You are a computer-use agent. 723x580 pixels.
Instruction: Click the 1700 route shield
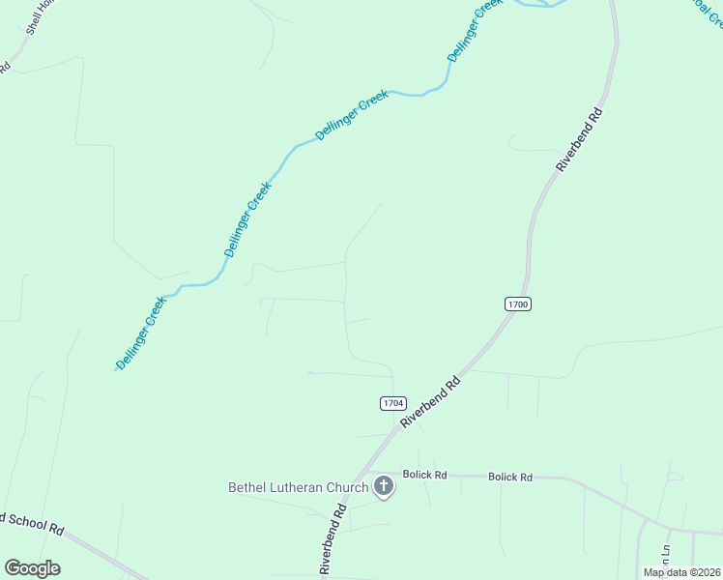point(518,304)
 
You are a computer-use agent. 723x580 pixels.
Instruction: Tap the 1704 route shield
point(392,403)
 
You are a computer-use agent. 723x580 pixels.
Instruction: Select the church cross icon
point(384,485)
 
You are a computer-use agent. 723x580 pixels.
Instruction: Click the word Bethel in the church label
point(246,487)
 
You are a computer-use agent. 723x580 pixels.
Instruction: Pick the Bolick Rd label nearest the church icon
point(425,475)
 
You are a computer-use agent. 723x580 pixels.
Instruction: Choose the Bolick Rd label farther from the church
point(510,477)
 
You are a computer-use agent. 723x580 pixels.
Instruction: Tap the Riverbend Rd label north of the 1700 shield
point(580,139)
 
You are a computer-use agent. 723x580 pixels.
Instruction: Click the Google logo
point(32,568)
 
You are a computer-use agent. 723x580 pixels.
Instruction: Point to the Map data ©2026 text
point(681,572)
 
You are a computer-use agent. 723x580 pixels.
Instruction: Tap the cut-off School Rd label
point(33,524)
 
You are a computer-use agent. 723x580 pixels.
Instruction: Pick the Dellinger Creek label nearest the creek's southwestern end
point(142,332)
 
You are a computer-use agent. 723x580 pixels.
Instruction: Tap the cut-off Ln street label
point(665,555)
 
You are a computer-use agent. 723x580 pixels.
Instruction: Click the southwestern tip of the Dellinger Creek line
point(116,369)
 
